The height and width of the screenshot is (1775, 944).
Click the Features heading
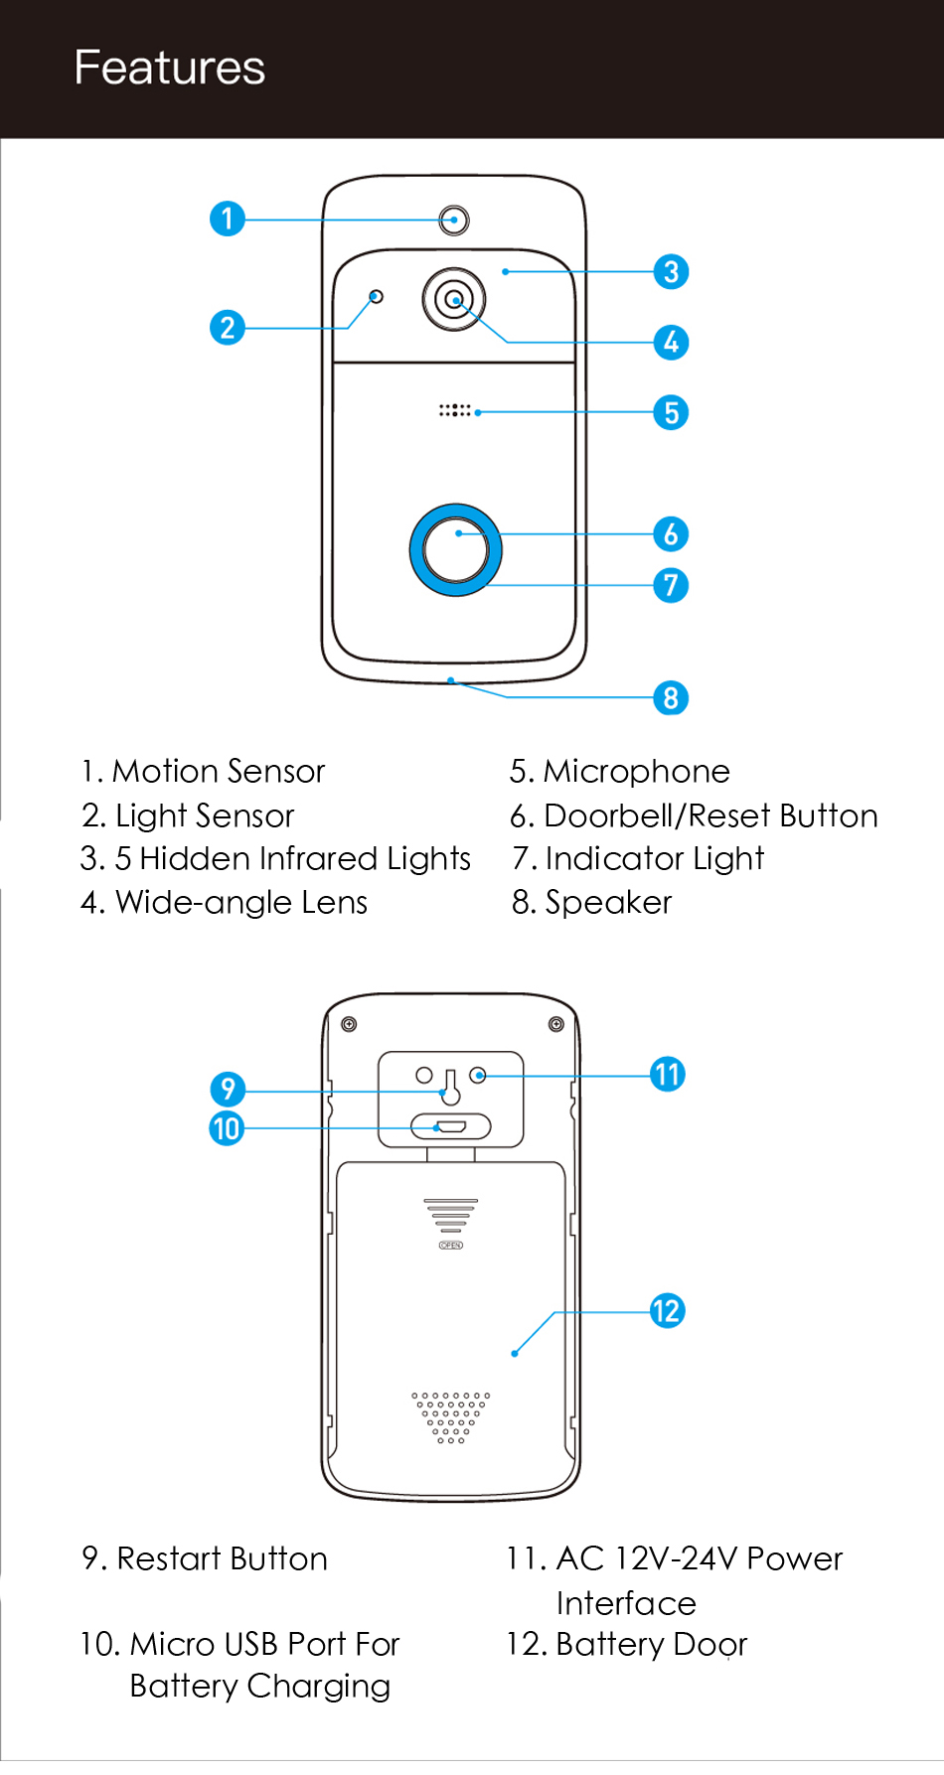[170, 69]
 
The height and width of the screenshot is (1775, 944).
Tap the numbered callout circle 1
[228, 219]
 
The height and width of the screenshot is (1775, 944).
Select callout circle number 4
[672, 343]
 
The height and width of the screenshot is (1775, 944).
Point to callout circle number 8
[672, 698]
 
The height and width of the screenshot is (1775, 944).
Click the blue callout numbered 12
[668, 1311]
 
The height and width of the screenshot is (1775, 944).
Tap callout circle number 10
[227, 1128]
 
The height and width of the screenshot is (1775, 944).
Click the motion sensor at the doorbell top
[454, 220]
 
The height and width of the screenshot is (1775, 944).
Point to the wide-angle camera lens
[454, 298]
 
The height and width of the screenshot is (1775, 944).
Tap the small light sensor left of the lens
[376, 296]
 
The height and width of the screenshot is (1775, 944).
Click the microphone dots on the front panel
[455, 409]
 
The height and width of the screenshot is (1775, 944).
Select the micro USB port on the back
[451, 1126]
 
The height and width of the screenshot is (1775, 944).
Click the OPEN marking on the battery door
[451, 1245]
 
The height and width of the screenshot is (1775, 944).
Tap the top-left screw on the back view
[349, 1024]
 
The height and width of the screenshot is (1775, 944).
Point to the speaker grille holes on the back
[451, 1416]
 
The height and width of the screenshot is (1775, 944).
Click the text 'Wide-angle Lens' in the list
[240, 903]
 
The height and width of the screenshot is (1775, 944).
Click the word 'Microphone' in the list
[636, 772]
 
